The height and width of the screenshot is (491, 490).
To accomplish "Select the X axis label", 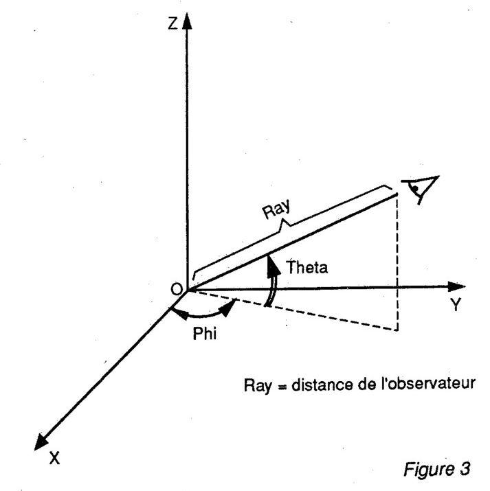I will tap(54, 457).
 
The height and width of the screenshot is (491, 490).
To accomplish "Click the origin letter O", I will tap(176, 289).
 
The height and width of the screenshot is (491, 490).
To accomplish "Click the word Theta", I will tap(307, 269).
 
